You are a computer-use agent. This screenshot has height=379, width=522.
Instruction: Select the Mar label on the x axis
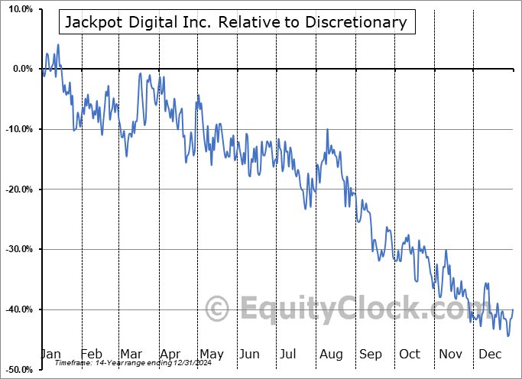[x=131, y=354]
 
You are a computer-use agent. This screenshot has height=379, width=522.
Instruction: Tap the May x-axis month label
[x=211, y=354]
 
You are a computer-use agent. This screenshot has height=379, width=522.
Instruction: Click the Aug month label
[x=332, y=354]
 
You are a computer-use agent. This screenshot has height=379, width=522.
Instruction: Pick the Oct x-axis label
[x=410, y=354]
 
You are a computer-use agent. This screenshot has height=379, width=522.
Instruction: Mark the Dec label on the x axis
[x=490, y=354]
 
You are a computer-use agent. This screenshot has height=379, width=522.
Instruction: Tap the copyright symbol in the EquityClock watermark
[x=218, y=309]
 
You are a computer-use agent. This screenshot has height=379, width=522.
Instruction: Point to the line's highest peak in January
[x=58, y=44]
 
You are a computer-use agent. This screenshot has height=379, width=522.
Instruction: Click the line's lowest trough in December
[x=508, y=335]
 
